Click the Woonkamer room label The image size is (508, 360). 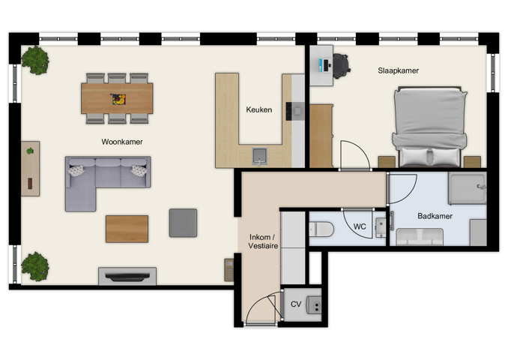122,141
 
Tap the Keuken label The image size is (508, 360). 258,110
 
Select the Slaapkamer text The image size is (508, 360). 398,70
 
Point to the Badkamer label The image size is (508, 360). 435,216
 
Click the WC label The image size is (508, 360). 359,226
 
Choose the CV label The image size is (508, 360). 296,304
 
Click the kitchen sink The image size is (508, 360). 259,155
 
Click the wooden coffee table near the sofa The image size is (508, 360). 127,229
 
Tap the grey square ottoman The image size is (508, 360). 183,223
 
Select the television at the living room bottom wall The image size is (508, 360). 127,277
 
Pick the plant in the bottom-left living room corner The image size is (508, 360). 34,265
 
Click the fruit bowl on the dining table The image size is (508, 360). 118,97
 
